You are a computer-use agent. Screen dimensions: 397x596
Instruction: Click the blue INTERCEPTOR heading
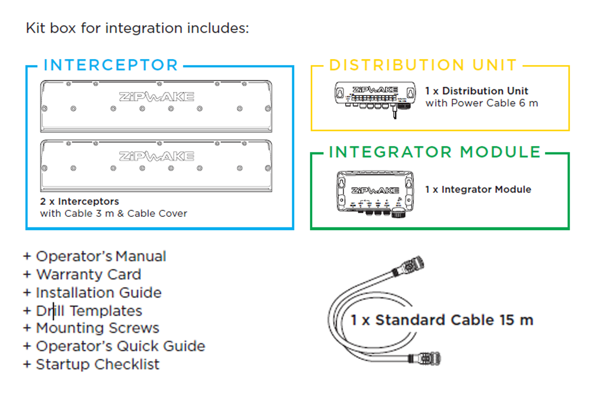[x=111, y=65]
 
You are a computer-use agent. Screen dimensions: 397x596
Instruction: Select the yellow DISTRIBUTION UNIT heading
[x=423, y=65]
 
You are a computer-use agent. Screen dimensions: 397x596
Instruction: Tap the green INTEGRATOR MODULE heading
[x=435, y=152]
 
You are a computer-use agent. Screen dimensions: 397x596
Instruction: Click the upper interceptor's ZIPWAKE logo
[x=156, y=97]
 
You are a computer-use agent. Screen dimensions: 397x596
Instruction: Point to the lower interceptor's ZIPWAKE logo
[x=156, y=156]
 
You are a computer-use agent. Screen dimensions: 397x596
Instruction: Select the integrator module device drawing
[x=375, y=191]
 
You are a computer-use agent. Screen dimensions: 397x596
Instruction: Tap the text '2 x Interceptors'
[x=79, y=202]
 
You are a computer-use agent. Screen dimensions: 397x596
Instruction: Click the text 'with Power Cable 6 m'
[x=482, y=103]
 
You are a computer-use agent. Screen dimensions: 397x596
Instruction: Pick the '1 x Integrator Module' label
[x=478, y=190]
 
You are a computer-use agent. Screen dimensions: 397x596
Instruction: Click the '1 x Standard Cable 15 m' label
[x=442, y=320]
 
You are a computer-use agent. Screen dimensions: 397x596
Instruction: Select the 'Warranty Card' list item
[x=88, y=274]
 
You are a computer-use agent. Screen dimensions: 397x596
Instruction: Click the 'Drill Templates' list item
[x=89, y=311]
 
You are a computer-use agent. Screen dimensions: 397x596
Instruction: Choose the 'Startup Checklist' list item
[x=97, y=364]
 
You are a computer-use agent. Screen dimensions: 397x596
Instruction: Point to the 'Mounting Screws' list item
[x=97, y=328]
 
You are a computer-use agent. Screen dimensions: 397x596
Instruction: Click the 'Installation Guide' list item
[x=98, y=293]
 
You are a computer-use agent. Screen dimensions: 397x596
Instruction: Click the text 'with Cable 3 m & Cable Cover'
[x=114, y=214]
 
